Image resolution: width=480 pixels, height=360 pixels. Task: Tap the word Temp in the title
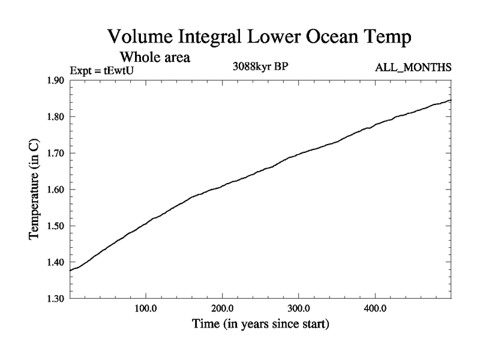(388, 38)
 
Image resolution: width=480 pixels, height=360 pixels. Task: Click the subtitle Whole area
(155, 58)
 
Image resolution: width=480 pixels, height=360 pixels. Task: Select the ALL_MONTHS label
(413, 67)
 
